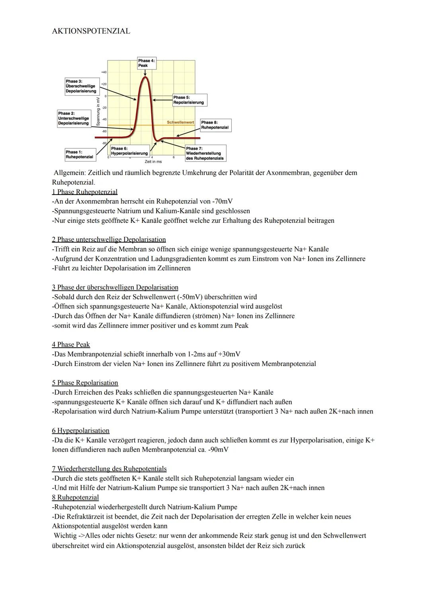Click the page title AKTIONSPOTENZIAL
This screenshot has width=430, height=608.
[x=91, y=31]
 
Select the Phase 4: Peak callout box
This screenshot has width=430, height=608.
[x=146, y=63]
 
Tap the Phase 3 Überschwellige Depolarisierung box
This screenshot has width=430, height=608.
[x=81, y=86]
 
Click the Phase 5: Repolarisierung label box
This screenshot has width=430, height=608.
[x=190, y=100]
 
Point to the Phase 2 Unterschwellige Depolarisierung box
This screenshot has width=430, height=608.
[x=74, y=118]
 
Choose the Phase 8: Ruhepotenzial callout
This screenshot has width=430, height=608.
[x=215, y=125]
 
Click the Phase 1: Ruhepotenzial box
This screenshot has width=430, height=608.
[x=80, y=154]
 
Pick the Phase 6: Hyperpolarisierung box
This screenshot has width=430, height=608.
[x=129, y=151]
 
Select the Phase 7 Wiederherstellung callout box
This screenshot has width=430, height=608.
[x=205, y=153]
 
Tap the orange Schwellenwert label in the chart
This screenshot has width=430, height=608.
[x=180, y=122]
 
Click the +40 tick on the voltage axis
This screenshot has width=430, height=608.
[x=104, y=72]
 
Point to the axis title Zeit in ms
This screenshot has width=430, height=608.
[x=153, y=161]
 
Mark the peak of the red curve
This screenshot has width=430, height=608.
[x=145, y=77]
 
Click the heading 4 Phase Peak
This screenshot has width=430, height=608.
[x=71, y=344]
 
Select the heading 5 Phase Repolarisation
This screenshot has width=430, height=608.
[x=85, y=383]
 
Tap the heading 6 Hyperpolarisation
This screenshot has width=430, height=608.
[x=80, y=431]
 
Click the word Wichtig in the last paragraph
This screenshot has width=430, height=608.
[x=65, y=535]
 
